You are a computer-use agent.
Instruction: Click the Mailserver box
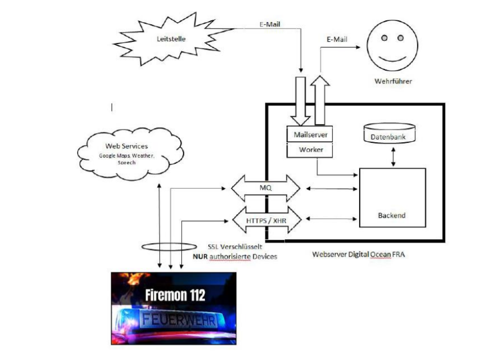click(x=310, y=134)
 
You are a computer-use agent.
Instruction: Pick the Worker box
click(x=310, y=149)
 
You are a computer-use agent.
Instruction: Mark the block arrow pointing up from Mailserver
click(x=321, y=99)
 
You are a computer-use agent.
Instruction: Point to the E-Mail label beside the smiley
click(x=337, y=39)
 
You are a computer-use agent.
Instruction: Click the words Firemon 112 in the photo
click(x=175, y=295)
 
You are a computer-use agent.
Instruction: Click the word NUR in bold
click(x=200, y=256)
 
